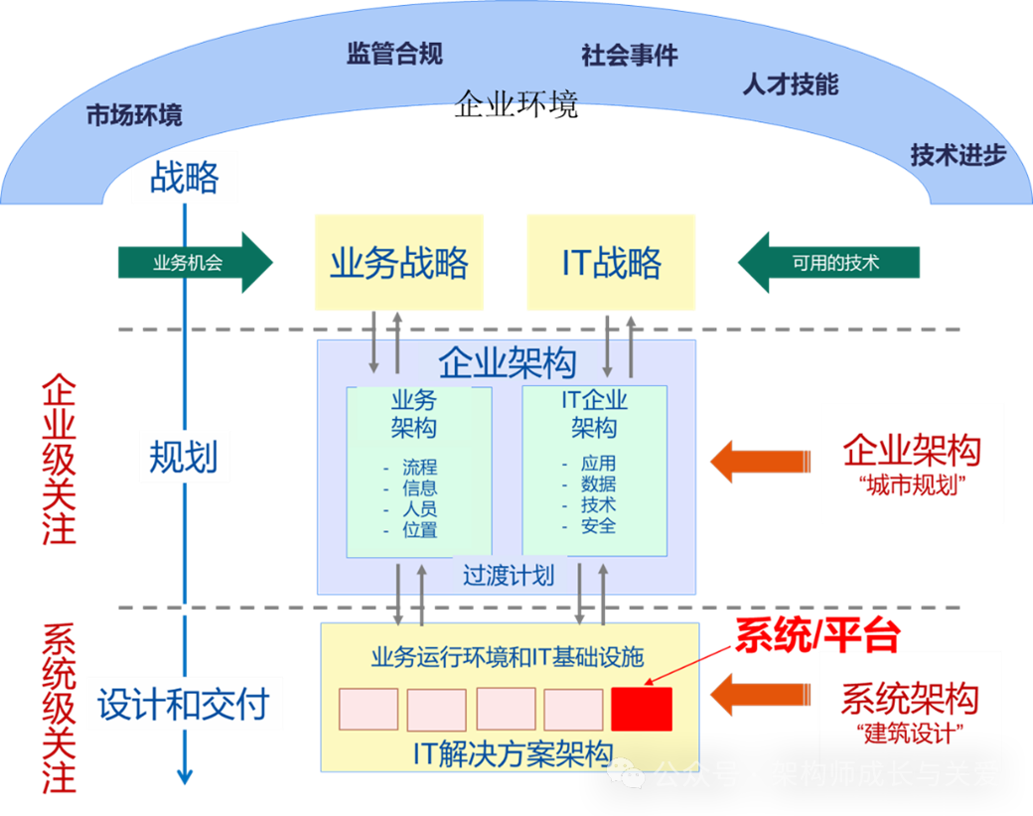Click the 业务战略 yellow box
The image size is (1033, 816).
click(x=399, y=263)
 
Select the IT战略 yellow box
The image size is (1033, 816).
click(x=611, y=263)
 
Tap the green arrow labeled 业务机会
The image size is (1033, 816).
click(x=195, y=263)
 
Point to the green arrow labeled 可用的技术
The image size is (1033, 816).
click(x=829, y=263)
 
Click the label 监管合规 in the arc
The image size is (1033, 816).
click(x=394, y=54)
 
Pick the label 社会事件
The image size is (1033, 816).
click(x=630, y=56)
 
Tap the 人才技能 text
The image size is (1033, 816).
click(x=791, y=84)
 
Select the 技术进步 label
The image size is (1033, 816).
click(x=959, y=155)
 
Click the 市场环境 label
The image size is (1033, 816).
click(x=134, y=115)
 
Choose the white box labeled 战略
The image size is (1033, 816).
click(x=185, y=178)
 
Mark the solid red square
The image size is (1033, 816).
click(x=642, y=709)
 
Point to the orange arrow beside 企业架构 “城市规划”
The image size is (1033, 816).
click(x=760, y=461)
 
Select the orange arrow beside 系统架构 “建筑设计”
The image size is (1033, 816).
click(x=761, y=694)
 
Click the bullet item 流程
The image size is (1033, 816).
click(x=419, y=467)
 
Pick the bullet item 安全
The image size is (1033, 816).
click(x=599, y=526)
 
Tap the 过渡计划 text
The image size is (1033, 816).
click(x=509, y=576)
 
